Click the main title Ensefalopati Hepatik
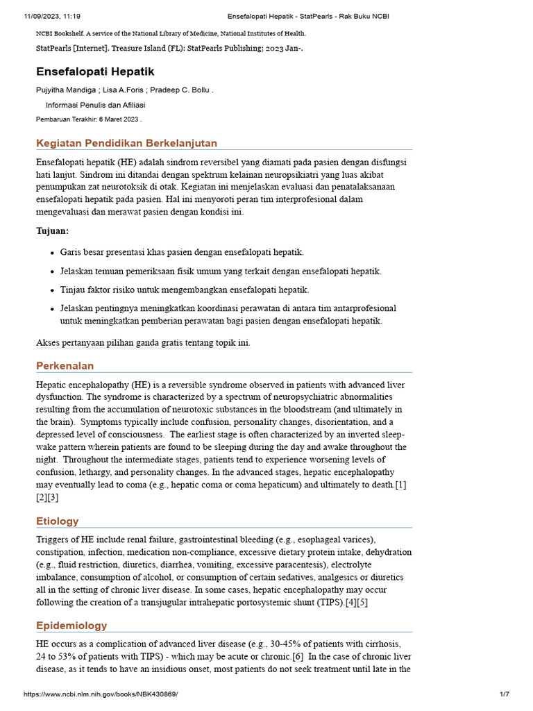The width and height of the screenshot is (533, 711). point(95,72)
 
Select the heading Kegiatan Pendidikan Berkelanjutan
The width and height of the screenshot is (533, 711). point(126,143)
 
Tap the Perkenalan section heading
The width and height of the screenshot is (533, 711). point(65,366)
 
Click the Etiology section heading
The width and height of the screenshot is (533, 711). point(57,521)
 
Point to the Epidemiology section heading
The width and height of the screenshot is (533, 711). point(71,626)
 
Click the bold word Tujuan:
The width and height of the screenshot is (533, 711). point(53,231)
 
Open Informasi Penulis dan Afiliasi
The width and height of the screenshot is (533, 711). point(95,105)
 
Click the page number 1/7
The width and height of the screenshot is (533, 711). point(504,694)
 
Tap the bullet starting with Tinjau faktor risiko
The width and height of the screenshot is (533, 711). point(185,290)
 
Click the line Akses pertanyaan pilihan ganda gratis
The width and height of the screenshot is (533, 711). point(143,342)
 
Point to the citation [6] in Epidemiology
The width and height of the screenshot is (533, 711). point(297,657)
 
